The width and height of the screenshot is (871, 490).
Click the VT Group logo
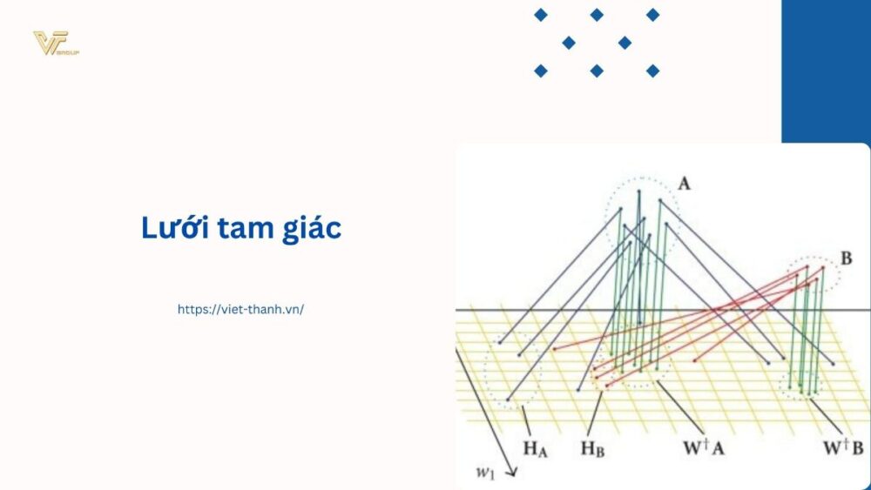[55, 44]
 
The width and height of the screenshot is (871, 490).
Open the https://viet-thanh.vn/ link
[240, 309]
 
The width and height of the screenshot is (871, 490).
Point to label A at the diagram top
[684, 184]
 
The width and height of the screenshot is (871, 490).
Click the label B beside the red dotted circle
[846, 258]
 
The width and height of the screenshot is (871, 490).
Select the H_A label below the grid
[536, 449]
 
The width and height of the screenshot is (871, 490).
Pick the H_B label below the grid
[593, 449]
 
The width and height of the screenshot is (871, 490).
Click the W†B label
[843, 449]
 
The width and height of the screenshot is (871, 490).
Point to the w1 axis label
[485, 472]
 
